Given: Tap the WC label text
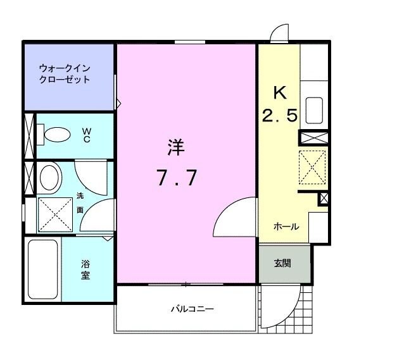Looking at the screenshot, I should (x=87, y=134).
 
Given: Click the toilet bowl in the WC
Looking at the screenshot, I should (x=56, y=134).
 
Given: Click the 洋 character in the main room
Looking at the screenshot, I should (x=175, y=148).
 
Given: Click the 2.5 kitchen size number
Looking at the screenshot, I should (x=280, y=116).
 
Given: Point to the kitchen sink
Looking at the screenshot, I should (x=315, y=110).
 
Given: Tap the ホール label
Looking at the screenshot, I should (x=286, y=227).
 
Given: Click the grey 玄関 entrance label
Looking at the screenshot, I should (x=282, y=263).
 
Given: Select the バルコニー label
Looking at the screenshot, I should (x=192, y=309).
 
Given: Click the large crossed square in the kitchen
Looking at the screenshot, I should (x=312, y=167).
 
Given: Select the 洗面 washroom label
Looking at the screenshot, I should (x=80, y=202).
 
